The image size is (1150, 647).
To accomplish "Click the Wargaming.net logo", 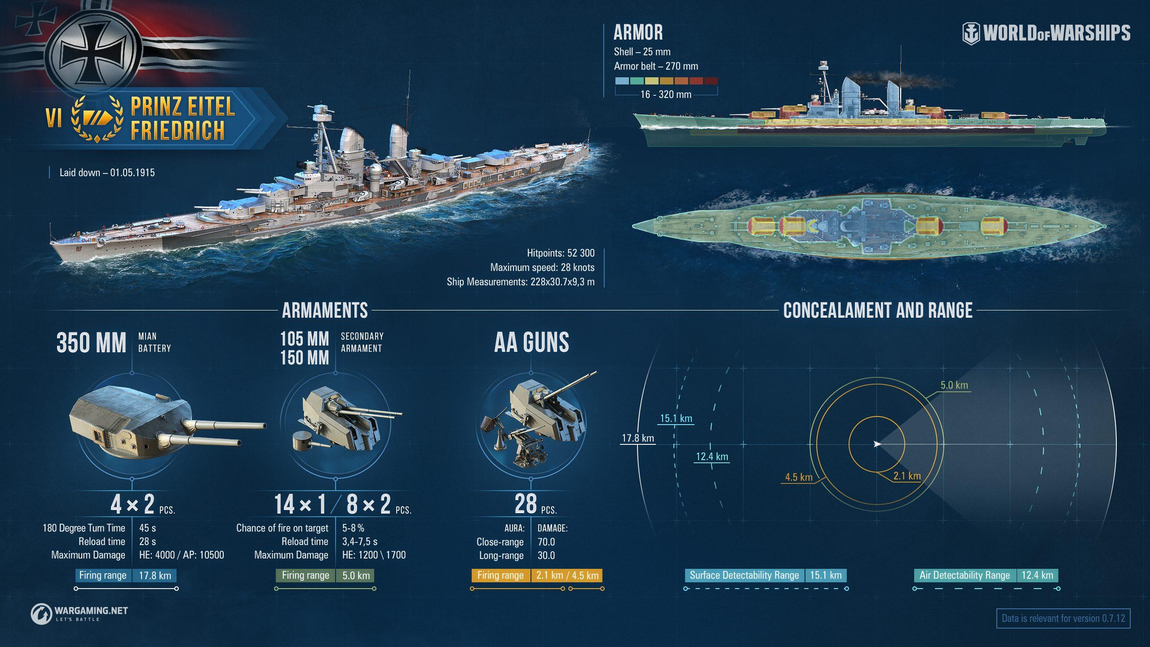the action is pos(80,613).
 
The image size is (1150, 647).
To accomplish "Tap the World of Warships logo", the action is pos(1046,33).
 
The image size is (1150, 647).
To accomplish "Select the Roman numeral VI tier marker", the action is pos(53,119).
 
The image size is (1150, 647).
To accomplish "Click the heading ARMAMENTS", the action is pos(325,310).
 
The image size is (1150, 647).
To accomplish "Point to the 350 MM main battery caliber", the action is pos(91,342).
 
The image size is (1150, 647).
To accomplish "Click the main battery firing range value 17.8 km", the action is pos(155,576).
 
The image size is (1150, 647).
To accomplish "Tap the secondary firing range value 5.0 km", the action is pos(356,576).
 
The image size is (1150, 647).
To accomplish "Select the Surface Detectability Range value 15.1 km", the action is pos(826,576).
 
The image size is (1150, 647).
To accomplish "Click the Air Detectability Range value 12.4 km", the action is pos(1037,576).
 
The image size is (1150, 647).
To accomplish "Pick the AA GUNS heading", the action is pos(531,342).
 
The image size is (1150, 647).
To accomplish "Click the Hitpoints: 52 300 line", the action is pos(561,253).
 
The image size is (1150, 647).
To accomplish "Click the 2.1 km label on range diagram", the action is pos(907,476).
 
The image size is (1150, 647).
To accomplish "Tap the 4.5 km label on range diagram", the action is pos(799,477).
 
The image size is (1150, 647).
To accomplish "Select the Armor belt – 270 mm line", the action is pos(656,66).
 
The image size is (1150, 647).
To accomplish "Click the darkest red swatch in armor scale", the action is pos(711,81).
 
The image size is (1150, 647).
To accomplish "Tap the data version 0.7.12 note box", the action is pos(1063,618).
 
